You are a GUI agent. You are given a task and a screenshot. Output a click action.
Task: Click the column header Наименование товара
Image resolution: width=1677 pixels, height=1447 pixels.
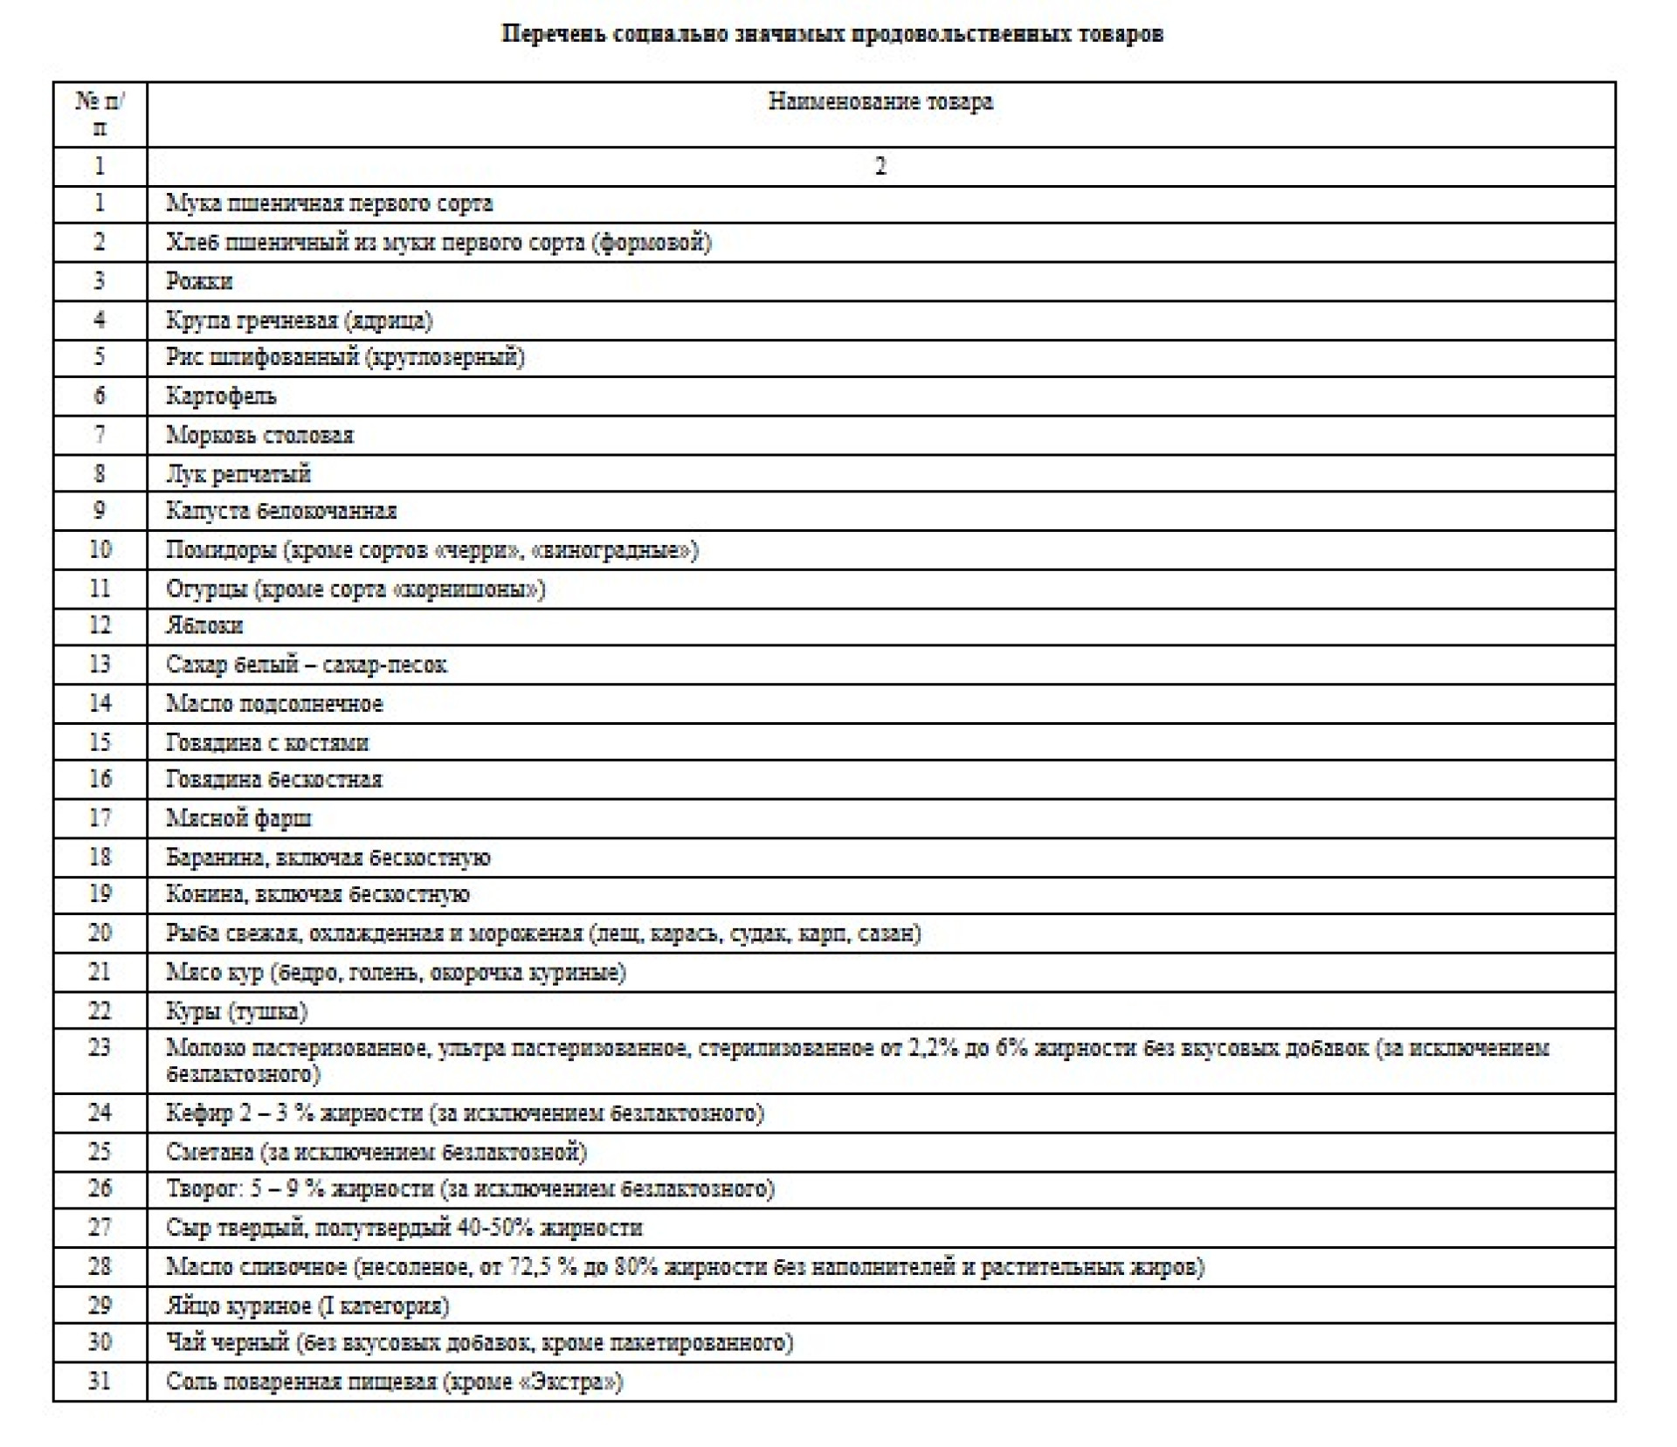(x=880, y=101)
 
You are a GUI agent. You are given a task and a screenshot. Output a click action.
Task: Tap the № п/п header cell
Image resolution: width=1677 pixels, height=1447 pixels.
(x=100, y=114)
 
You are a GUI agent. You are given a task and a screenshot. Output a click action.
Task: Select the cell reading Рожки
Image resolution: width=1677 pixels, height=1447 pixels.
(x=199, y=281)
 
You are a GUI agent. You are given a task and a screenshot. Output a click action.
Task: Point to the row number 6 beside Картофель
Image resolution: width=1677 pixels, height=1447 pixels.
(x=100, y=396)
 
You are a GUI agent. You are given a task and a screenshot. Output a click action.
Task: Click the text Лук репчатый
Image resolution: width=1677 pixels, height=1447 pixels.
(x=238, y=473)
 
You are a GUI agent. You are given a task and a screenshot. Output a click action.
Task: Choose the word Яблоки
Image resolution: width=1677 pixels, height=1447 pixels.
(x=204, y=625)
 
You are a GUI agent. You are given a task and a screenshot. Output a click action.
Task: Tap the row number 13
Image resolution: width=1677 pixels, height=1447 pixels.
(x=100, y=664)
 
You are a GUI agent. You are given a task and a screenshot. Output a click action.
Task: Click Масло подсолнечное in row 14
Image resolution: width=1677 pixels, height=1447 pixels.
(x=274, y=703)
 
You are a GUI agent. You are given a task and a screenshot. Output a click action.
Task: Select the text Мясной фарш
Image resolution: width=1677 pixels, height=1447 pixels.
(x=238, y=818)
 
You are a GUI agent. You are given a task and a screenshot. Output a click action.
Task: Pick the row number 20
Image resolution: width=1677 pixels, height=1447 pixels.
(x=100, y=933)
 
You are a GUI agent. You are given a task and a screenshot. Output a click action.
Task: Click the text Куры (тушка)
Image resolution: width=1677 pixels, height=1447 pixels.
(x=237, y=1011)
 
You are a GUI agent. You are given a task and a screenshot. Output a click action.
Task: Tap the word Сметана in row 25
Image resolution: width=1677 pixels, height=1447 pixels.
(x=210, y=1152)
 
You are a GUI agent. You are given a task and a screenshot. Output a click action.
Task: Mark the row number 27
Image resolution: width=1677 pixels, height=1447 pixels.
(x=100, y=1227)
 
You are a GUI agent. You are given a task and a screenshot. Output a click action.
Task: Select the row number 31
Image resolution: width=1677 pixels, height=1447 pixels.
(x=100, y=1381)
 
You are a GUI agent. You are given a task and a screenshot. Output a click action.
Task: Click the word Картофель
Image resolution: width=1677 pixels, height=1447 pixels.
(x=221, y=396)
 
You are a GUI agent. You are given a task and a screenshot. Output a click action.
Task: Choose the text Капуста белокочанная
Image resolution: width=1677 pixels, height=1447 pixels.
(x=281, y=511)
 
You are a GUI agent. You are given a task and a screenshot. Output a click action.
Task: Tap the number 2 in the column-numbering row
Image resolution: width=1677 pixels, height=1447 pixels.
(x=880, y=166)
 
